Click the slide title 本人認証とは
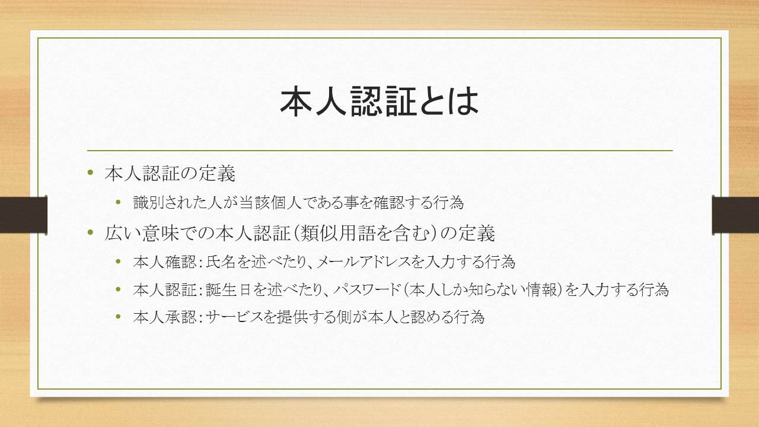pyautogui.click(x=379, y=101)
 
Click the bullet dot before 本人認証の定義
pyautogui.click(x=90, y=173)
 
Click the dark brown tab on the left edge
pyautogui.click(x=23, y=215)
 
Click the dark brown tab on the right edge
pyautogui.click(x=736, y=215)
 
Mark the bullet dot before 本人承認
pyautogui.click(x=118, y=317)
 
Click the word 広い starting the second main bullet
pyautogui.click(x=123, y=233)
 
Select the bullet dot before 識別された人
pyautogui.click(x=118, y=202)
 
